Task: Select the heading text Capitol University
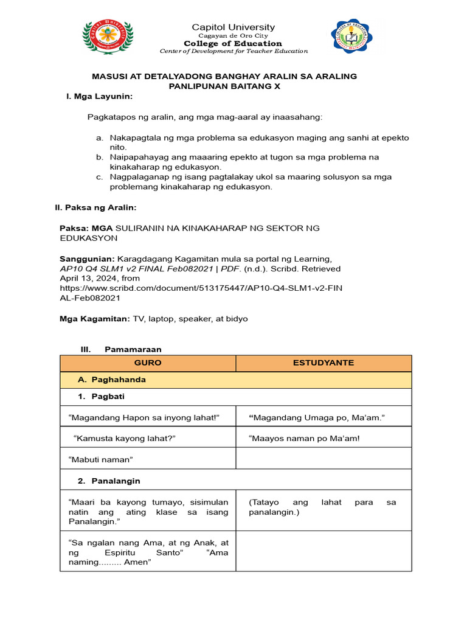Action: (x=233, y=27)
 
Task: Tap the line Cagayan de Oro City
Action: (x=233, y=36)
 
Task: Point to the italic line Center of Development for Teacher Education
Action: (x=233, y=51)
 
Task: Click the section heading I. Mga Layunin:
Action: (x=99, y=97)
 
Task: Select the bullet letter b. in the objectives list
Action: (x=100, y=157)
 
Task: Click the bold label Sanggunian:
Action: (x=87, y=259)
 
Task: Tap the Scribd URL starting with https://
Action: (x=201, y=288)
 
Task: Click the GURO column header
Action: (x=148, y=363)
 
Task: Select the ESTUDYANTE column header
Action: (x=323, y=363)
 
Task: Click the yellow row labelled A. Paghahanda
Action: (x=236, y=380)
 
